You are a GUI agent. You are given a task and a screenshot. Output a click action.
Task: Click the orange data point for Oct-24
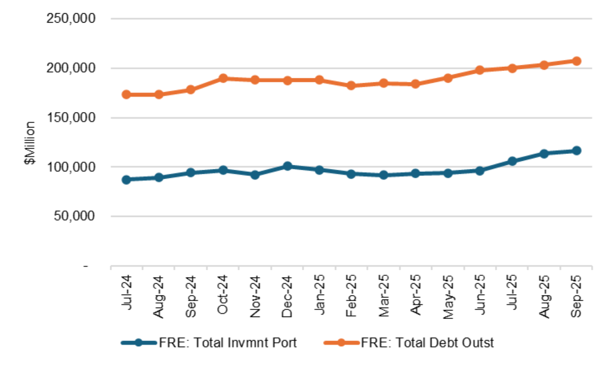click(223, 78)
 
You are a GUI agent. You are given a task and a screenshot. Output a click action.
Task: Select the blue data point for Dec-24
click(287, 166)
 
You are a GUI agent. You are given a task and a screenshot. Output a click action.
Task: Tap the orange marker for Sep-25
click(576, 61)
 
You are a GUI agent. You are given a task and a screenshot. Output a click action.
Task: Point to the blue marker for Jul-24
click(126, 179)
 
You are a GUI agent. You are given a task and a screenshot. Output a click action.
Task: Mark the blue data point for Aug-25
click(544, 154)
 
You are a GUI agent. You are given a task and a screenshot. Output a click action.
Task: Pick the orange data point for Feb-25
click(351, 85)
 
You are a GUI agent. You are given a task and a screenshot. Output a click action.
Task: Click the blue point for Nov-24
click(255, 175)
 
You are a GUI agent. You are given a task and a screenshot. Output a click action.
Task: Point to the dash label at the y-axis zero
click(87, 266)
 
